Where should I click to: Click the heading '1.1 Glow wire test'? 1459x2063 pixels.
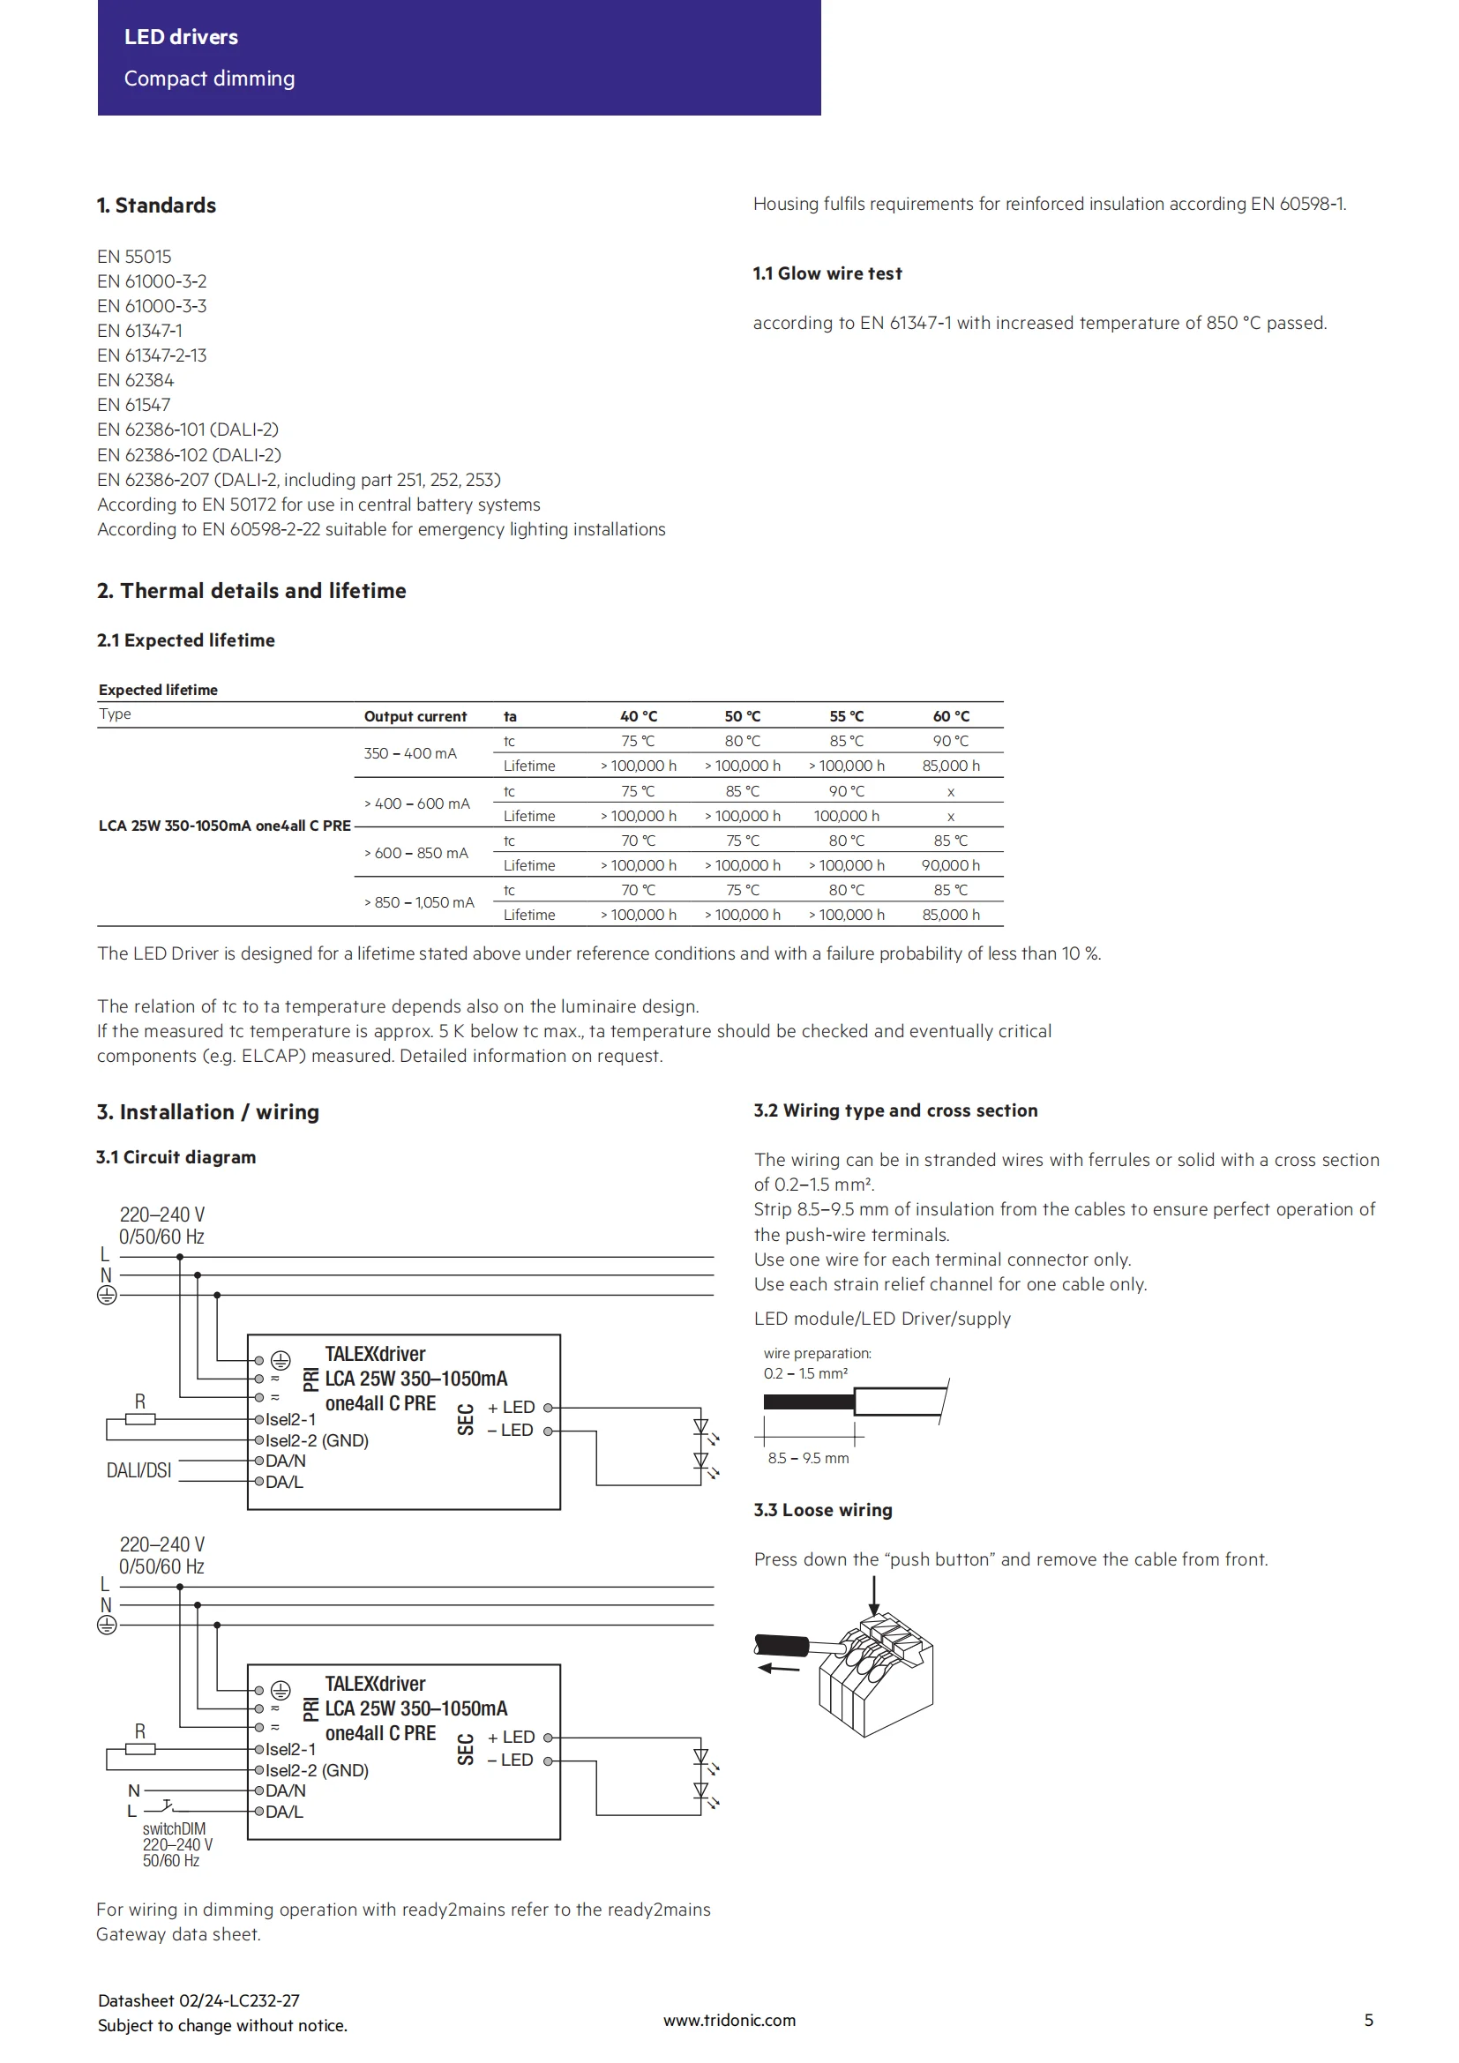(x=827, y=273)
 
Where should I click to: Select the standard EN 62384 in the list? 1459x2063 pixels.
(x=136, y=380)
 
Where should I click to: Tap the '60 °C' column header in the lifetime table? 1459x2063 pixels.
(x=951, y=716)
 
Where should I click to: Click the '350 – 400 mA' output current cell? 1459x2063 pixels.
(x=409, y=753)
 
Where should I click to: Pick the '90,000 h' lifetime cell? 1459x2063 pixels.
(x=951, y=865)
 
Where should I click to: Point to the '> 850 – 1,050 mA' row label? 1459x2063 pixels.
(x=419, y=902)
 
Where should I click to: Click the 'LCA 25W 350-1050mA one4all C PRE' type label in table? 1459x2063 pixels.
(x=225, y=825)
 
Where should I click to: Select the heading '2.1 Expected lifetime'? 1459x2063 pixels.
(x=186, y=639)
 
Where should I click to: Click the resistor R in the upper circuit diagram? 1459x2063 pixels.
(x=140, y=1419)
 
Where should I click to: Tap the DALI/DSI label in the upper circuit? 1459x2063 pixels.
(x=138, y=1471)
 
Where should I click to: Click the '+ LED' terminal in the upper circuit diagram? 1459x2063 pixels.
(x=512, y=1407)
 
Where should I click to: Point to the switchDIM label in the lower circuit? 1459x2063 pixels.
(x=174, y=1828)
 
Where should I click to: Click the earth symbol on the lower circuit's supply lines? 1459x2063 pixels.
(x=107, y=1625)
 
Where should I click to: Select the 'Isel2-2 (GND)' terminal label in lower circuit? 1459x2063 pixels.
(x=318, y=1770)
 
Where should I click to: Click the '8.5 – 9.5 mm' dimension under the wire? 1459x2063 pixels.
(x=808, y=1458)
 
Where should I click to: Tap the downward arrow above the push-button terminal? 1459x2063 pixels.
(x=873, y=1596)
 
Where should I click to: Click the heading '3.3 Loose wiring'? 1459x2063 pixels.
(x=823, y=1509)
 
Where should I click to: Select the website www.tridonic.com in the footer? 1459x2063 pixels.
(x=729, y=2020)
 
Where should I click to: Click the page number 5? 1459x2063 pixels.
(x=1368, y=2020)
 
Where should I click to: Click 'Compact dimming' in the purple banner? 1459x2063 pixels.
(x=209, y=78)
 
